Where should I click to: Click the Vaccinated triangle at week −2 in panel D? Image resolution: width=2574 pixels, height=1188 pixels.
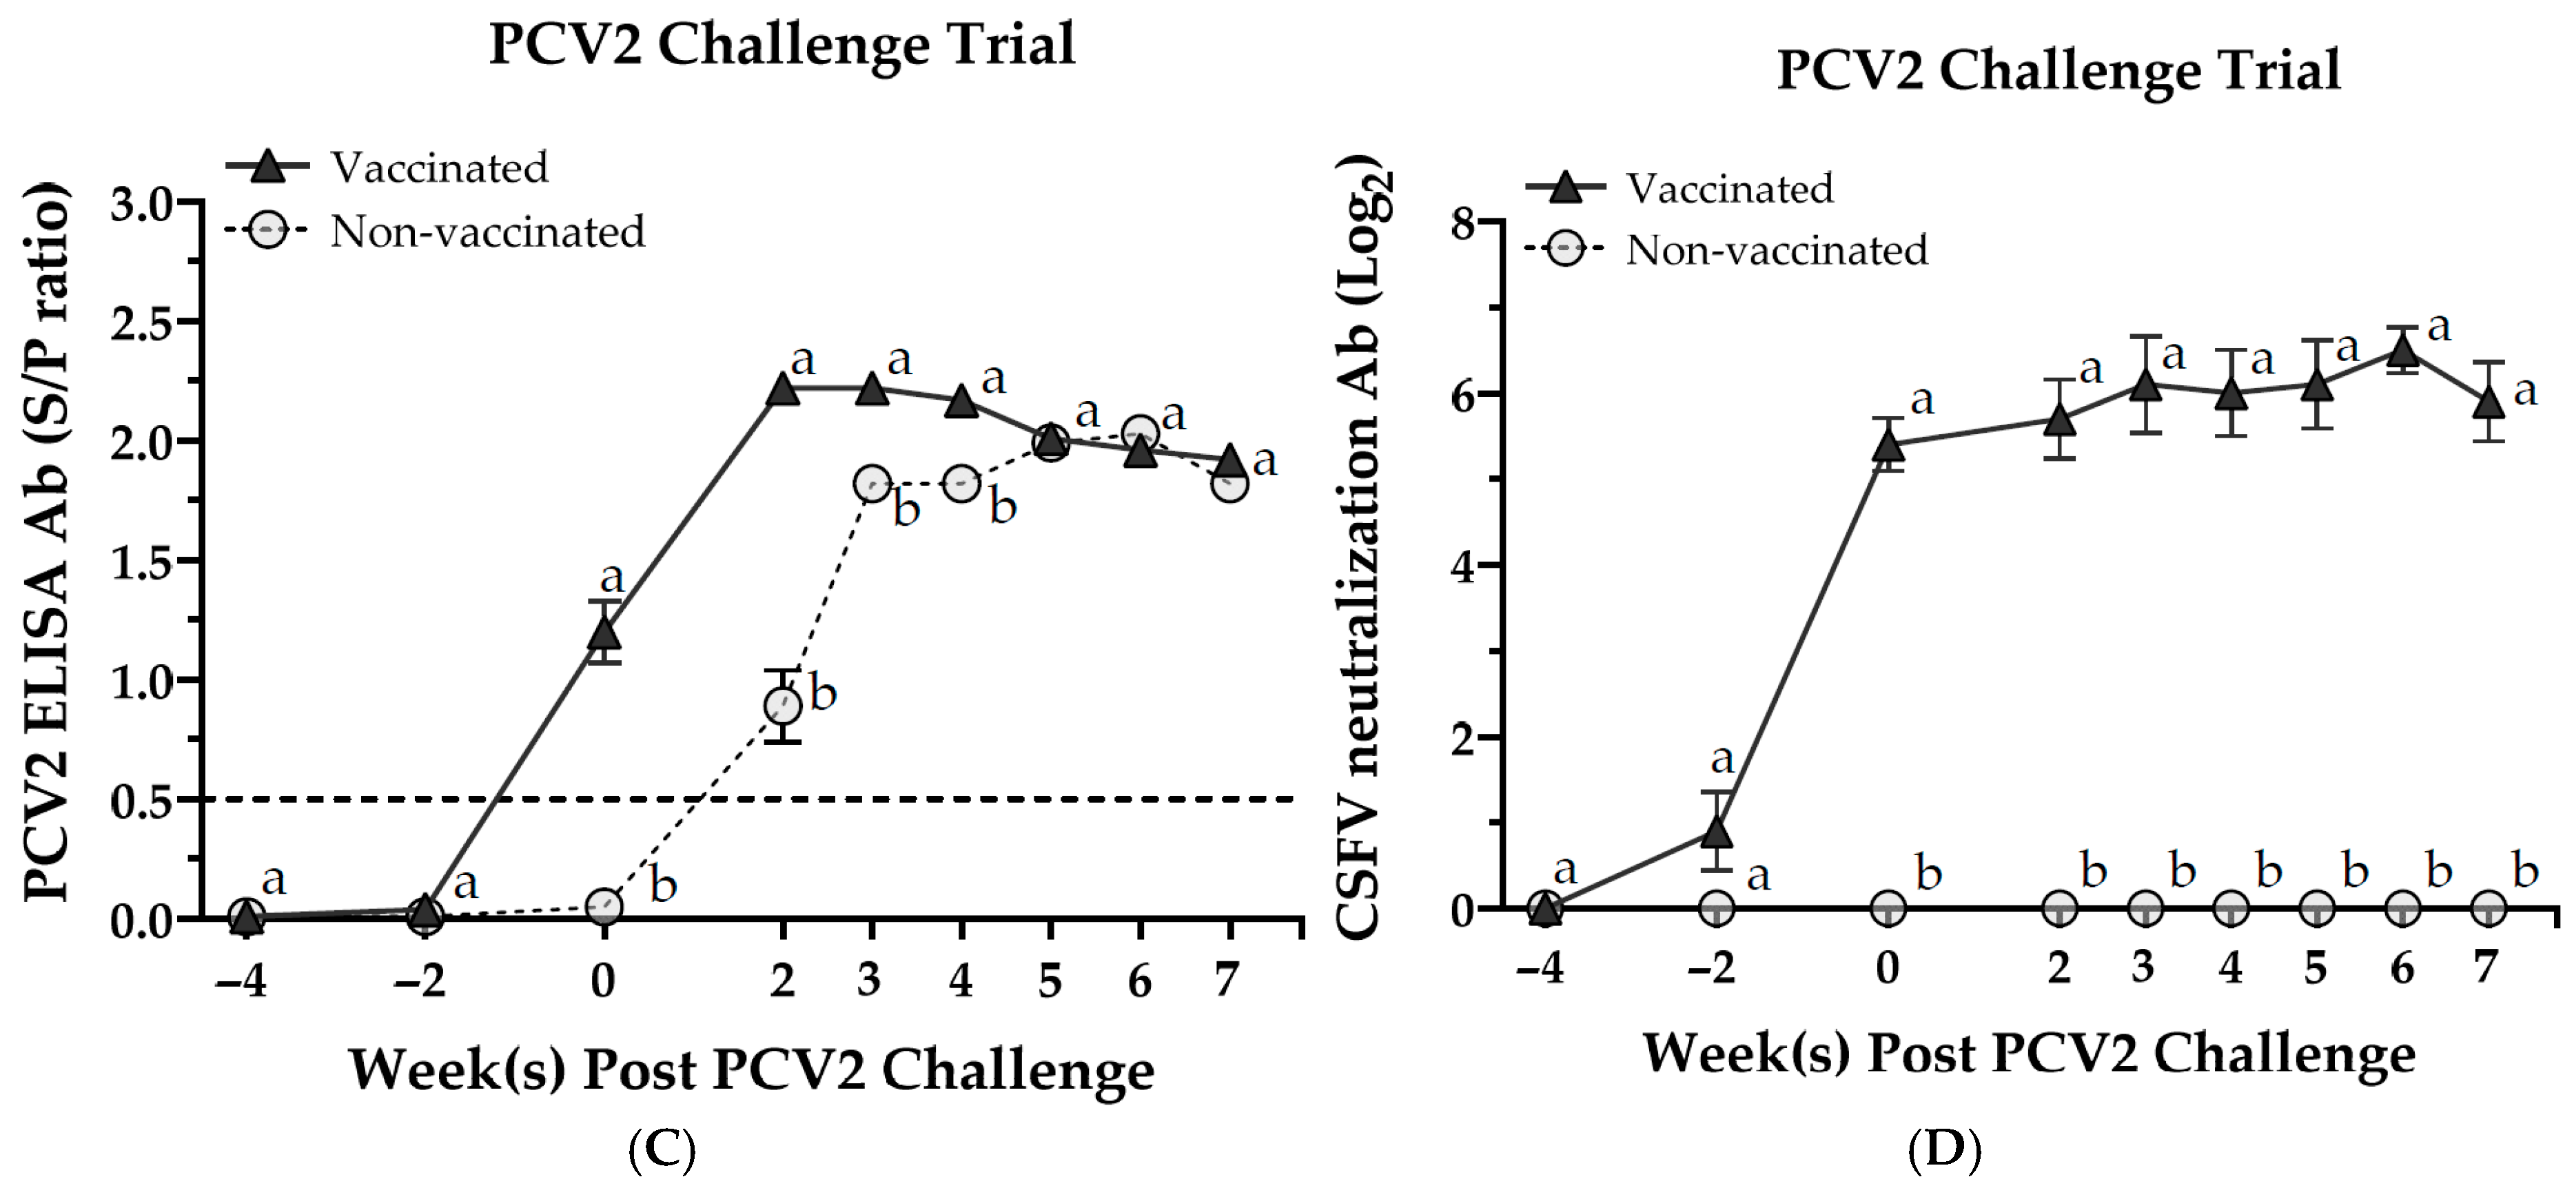tap(1717, 831)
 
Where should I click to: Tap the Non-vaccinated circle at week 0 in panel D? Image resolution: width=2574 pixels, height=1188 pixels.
tap(1888, 908)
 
